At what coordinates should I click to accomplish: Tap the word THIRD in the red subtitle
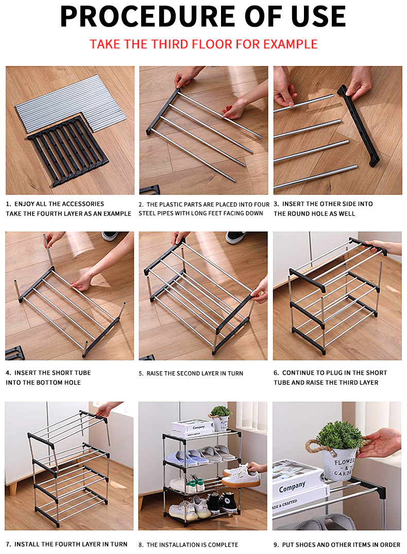point(169,44)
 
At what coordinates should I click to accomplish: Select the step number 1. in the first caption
point(8,204)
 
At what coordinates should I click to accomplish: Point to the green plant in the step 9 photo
point(340,435)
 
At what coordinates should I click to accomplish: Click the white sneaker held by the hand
point(241,476)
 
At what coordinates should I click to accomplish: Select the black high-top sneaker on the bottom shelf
point(227,502)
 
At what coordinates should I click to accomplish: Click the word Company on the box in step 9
point(292,487)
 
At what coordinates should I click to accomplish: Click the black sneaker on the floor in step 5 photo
point(236,237)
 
